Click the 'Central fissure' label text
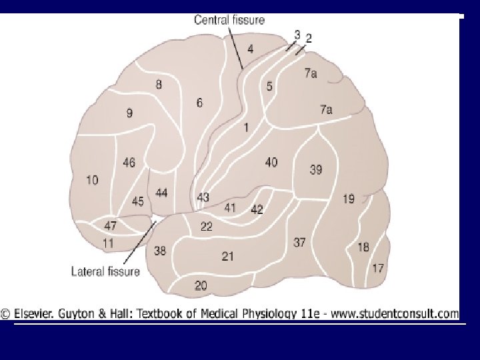(229, 20)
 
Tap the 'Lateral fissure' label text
(105, 271)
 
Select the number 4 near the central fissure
(250, 48)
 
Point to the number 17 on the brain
(378, 269)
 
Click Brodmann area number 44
(161, 193)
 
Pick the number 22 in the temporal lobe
(207, 227)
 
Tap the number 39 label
(315, 170)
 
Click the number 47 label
(110, 225)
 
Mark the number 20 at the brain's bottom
(200, 285)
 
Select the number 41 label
(230, 208)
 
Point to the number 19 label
(349, 199)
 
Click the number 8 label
(159, 85)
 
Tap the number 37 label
(300, 243)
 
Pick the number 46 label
(129, 162)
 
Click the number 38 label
(160, 251)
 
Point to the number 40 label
(271, 162)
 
